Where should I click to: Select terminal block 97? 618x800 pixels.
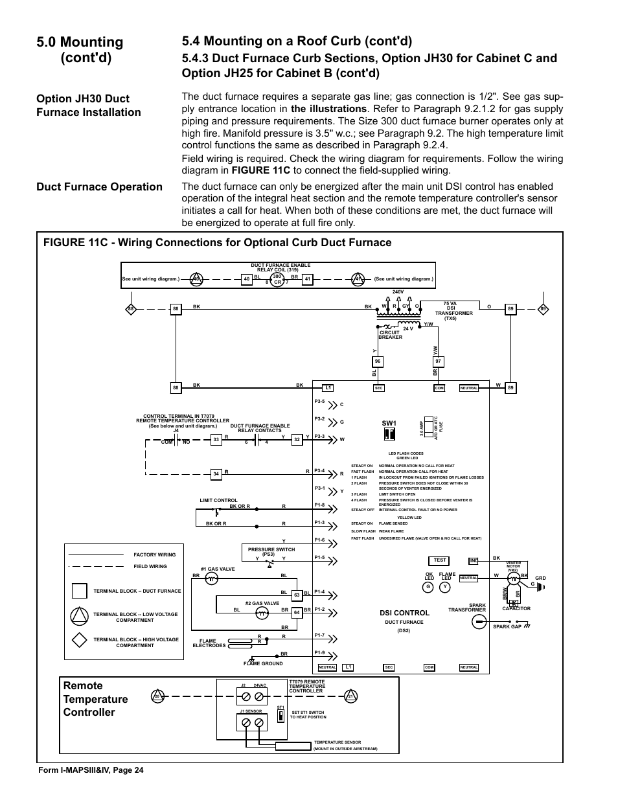pos(439,361)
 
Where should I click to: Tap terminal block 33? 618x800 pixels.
pos(216,439)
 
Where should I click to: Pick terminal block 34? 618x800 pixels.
pos(216,474)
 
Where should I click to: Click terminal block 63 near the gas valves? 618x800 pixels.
pos(297,595)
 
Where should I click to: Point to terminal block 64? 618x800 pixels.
pos(297,612)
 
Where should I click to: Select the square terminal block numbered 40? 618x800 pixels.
pos(246,279)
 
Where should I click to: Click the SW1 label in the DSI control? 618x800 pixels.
pos(389,424)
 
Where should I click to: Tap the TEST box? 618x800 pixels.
pos(440,560)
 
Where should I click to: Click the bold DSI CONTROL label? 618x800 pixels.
pos(404,613)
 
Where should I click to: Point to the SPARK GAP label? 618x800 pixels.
pos(507,626)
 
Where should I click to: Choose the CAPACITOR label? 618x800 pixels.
pos(516,608)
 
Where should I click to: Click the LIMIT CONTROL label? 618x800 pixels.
pos(218,500)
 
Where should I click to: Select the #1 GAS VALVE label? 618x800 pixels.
pos(218,569)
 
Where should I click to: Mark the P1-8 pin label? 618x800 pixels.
pos(319,505)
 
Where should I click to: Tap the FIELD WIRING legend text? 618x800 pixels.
pos(150,566)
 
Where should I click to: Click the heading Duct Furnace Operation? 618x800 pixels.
pos(100,187)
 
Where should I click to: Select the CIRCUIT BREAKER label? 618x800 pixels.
pos(390,335)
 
